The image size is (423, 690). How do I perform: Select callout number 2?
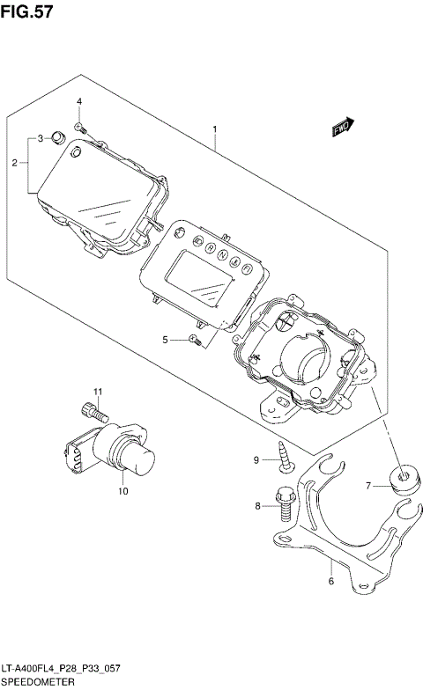pos(15,162)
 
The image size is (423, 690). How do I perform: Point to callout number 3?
pos(40,139)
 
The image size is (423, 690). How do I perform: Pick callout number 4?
pos(78,103)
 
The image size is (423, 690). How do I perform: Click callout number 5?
pos(165,340)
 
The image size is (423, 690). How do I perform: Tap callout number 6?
pos(330,580)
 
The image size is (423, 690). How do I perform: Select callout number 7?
pos(370,485)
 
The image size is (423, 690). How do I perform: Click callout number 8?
pos(258,506)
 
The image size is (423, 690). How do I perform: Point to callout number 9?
pos(258,459)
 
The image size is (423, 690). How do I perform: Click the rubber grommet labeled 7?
pos(404,479)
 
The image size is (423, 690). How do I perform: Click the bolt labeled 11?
pos(93,410)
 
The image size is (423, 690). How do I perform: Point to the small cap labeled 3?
pos(58,136)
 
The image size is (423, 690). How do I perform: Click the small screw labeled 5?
pos(197,340)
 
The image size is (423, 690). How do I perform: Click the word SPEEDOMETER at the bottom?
pos(38,682)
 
